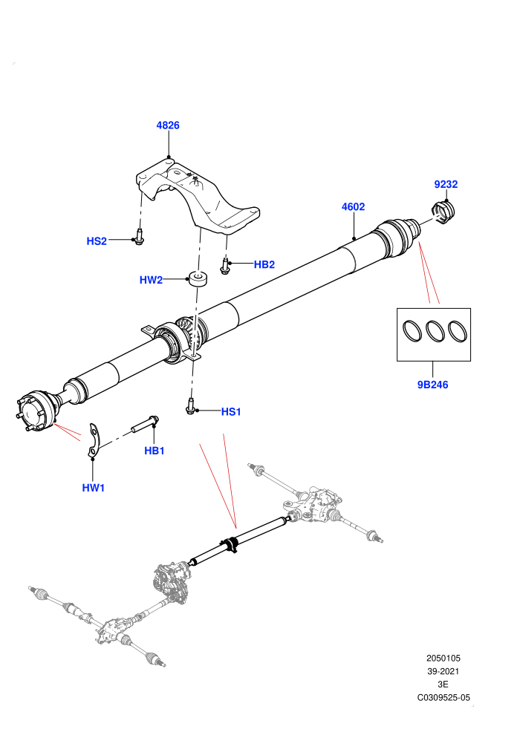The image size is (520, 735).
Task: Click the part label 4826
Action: [x=168, y=125]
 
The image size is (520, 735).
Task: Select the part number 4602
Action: [x=353, y=206]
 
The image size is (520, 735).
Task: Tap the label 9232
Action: [x=446, y=184]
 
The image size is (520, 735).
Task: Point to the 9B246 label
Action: [x=433, y=385]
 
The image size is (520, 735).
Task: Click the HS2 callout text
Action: [x=97, y=241]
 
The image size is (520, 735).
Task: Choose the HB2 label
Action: [x=264, y=265]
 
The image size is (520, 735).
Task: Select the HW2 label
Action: [x=151, y=281]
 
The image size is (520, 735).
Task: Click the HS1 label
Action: [x=231, y=412]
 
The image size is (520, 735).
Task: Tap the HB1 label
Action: [x=155, y=451]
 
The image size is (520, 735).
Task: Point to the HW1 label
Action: [x=94, y=488]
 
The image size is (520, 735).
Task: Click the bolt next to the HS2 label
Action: [x=139, y=237]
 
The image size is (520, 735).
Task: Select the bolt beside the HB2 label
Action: [x=224, y=266]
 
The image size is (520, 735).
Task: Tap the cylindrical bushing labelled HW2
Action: [x=198, y=278]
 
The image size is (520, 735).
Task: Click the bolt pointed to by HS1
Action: [x=190, y=406]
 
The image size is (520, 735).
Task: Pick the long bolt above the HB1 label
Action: [x=146, y=424]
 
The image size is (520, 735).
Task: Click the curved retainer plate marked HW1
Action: [x=95, y=440]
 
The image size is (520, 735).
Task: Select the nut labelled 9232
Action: [x=443, y=212]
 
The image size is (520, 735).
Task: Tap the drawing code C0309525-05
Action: [x=443, y=697]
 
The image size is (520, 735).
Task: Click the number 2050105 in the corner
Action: [x=443, y=658]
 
